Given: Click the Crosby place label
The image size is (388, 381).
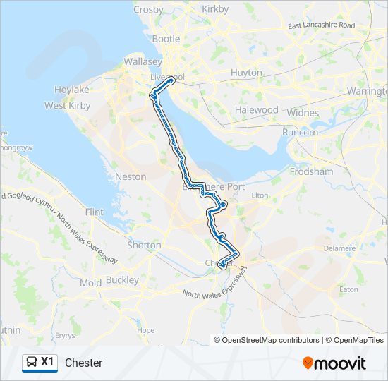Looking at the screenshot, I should click(x=148, y=10).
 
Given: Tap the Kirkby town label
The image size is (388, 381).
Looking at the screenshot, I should click(x=216, y=9).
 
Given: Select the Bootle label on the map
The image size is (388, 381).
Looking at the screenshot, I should click(x=166, y=39).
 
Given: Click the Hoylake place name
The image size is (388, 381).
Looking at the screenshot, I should click(x=72, y=90).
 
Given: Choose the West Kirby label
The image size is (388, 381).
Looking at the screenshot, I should click(x=66, y=105).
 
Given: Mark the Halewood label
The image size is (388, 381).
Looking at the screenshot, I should click(x=257, y=110).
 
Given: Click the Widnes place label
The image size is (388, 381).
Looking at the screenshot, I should click(x=303, y=113).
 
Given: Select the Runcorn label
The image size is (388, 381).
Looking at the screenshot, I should click(x=301, y=132).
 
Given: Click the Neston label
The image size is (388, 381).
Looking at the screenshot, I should click(x=131, y=176).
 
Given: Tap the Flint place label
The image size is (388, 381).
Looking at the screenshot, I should click(x=94, y=212).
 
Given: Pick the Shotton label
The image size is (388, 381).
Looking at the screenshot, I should click(x=144, y=246).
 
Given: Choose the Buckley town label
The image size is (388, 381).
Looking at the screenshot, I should click(x=122, y=280).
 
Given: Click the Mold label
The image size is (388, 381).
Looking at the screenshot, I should click(x=91, y=283).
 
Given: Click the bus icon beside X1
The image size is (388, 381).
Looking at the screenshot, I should click(x=32, y=363).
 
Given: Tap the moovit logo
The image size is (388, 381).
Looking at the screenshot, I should click(x=334, y=363).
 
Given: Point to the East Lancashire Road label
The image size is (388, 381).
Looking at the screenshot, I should click(x=321, y=25).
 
